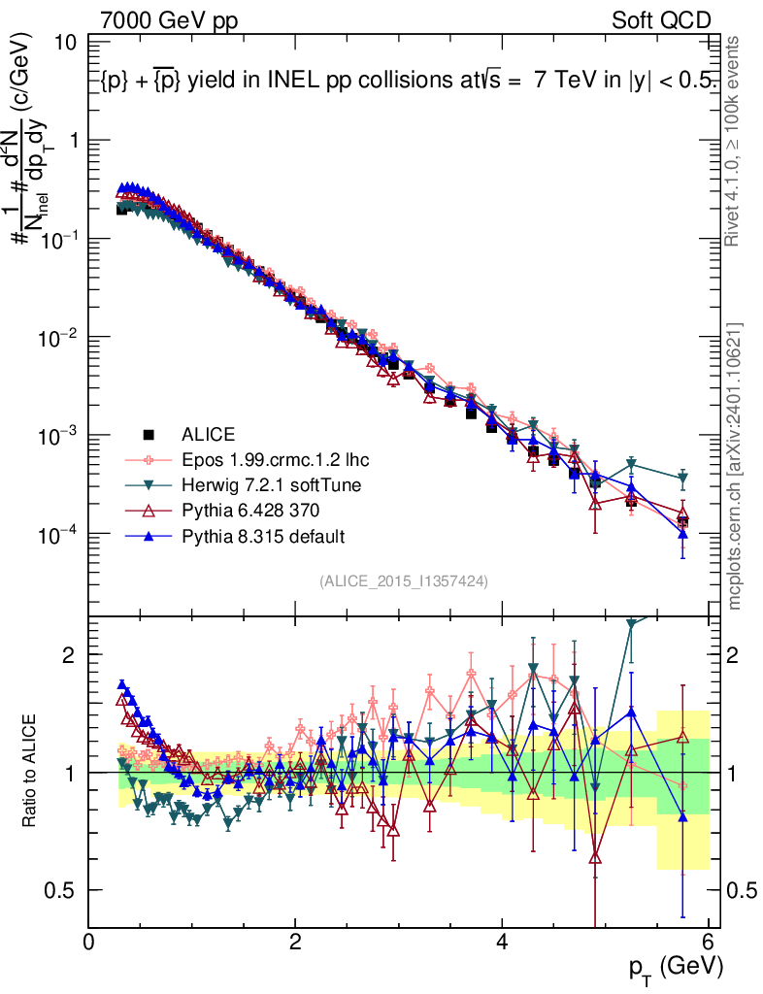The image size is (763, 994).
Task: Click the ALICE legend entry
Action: [209, 434]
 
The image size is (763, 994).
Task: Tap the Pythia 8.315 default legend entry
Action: [262, 535]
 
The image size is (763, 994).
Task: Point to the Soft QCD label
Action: [661, 20]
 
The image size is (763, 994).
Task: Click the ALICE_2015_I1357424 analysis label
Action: [403, 580]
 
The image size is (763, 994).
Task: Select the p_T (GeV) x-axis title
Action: [677, 967]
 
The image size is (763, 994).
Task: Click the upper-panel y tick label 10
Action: [66, 43]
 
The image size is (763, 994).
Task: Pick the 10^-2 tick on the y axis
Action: [58, 337]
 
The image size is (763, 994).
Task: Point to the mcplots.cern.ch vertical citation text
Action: [735, 466]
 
